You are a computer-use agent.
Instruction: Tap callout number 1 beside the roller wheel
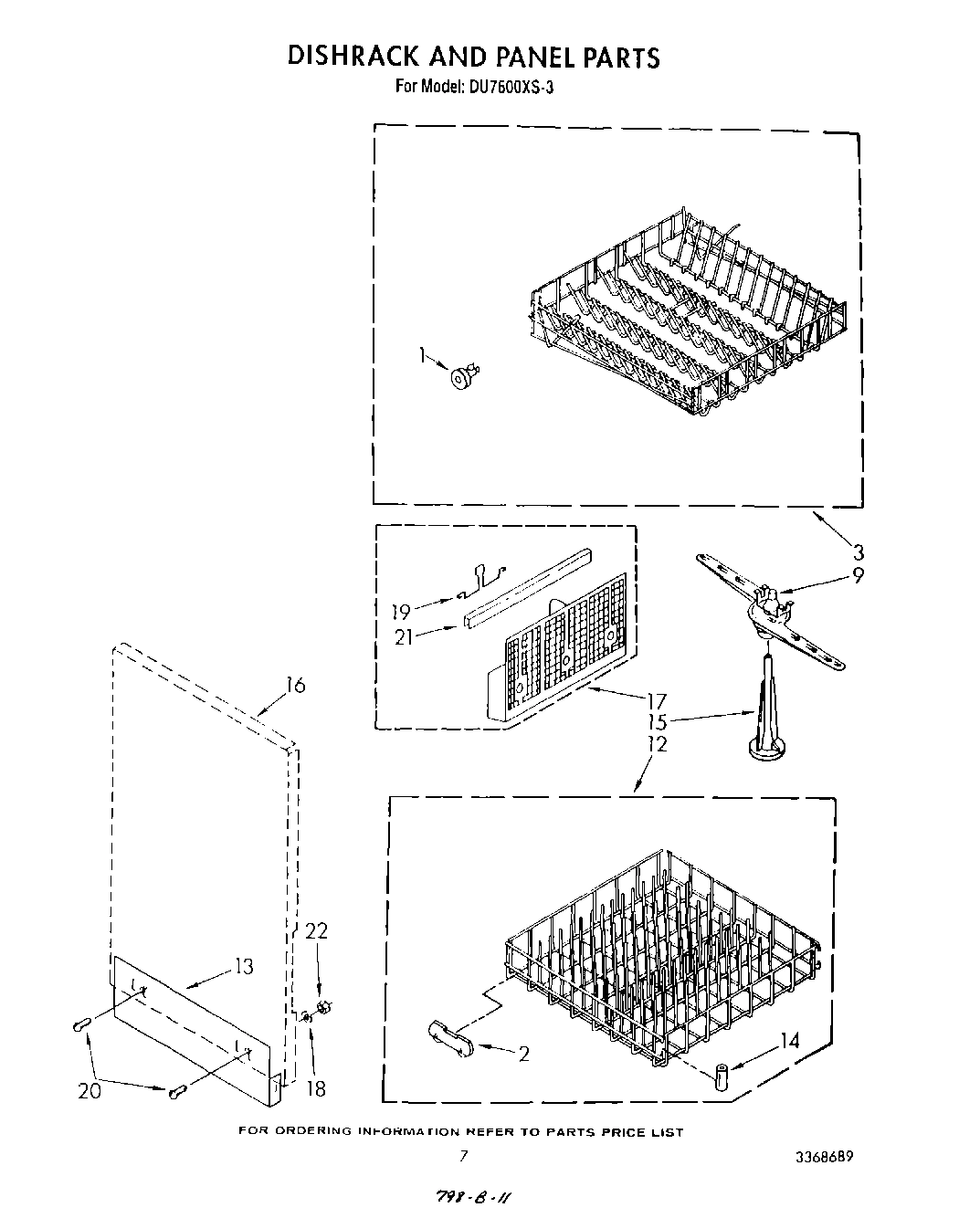(422, 354)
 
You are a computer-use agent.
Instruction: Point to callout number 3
(858, 551)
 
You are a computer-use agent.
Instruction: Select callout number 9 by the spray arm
(858, 576)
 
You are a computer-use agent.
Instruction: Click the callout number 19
(400, 612)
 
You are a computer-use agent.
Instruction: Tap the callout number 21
(404, 636)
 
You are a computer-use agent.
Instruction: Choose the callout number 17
(656, 702)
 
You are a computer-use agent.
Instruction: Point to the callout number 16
(294, 685)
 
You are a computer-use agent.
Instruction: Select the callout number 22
(316, 930)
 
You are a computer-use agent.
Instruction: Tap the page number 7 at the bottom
(464, 1155)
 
